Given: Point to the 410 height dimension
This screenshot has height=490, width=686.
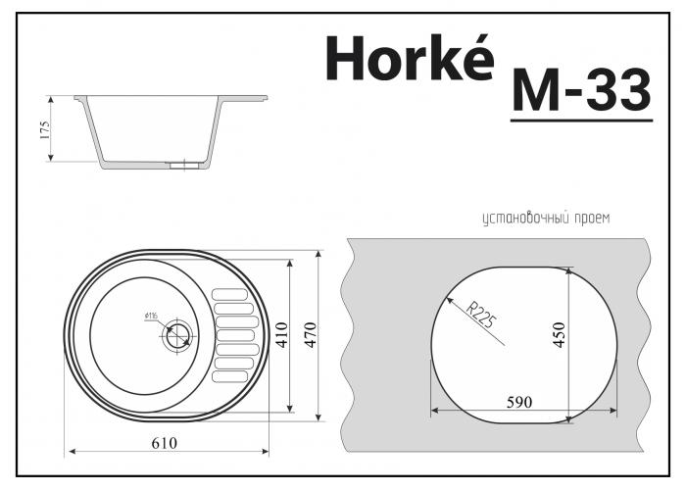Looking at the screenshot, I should (281, 335).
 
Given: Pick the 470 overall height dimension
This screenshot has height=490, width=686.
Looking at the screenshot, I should (311, 336).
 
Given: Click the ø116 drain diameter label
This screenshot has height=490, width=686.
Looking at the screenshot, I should (152, 315).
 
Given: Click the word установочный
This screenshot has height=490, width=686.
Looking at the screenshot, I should (523, 219).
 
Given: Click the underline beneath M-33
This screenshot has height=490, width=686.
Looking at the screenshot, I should (581, 121).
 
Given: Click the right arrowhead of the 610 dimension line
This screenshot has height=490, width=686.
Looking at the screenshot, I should (267, 453).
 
